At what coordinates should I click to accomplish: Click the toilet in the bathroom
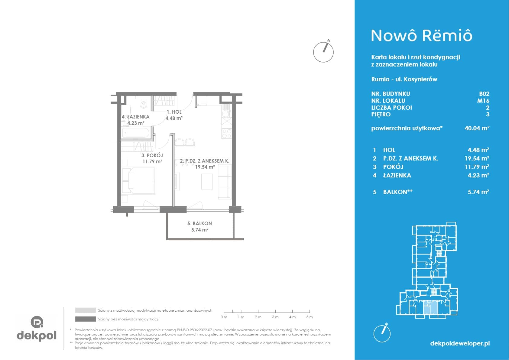143,103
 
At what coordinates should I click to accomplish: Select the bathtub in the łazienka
136,133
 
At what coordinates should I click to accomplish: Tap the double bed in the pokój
138,181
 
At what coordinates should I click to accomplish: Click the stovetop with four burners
227,133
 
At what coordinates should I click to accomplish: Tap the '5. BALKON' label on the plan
199,223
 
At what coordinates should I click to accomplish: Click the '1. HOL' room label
174,112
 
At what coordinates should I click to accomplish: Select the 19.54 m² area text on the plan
205,167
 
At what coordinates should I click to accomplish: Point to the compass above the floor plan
323,52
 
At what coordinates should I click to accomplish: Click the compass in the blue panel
382,333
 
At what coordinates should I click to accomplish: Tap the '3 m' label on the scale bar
275,317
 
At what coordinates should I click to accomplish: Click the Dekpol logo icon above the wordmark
37,322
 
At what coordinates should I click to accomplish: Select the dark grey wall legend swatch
86,319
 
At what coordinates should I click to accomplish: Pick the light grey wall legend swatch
86,310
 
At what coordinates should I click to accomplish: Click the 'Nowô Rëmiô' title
422,36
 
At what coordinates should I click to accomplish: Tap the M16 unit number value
483,101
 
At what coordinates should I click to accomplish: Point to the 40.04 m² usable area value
477,128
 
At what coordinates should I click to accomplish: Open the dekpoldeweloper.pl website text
460,343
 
